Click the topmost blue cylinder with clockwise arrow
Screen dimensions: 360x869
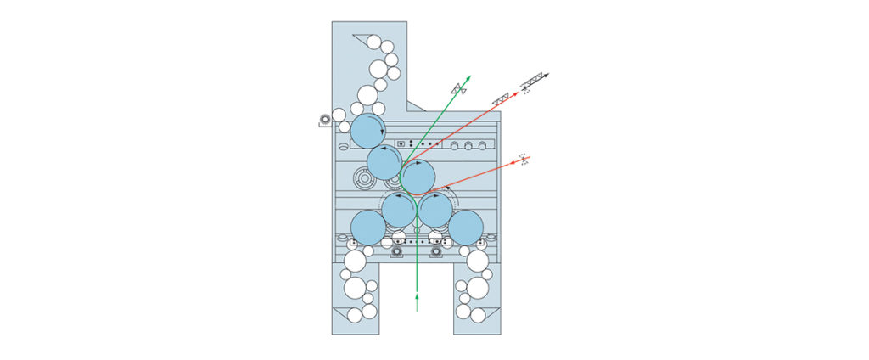click(367, 131)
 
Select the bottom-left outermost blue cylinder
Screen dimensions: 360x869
click(368, 227)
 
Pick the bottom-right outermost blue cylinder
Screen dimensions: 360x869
click(466, 227)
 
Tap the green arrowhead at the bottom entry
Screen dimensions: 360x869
click(417, 295)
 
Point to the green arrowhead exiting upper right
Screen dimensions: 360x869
click(468, 78)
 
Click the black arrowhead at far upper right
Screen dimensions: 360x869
click(547, 76)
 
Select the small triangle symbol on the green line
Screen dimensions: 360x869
click(457, 88)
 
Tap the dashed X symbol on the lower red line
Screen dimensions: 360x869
click(524, 159)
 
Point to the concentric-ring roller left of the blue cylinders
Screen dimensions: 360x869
click(366, 179)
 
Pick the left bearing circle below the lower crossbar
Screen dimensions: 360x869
click(397, 252)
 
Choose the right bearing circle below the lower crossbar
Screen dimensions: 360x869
click(436, 252)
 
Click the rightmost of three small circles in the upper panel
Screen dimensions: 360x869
click(483, 146)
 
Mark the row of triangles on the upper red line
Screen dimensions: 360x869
click(501, 99)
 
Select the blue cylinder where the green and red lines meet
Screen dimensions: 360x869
click(418, 177)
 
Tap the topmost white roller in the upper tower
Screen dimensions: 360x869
click(374, 42)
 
